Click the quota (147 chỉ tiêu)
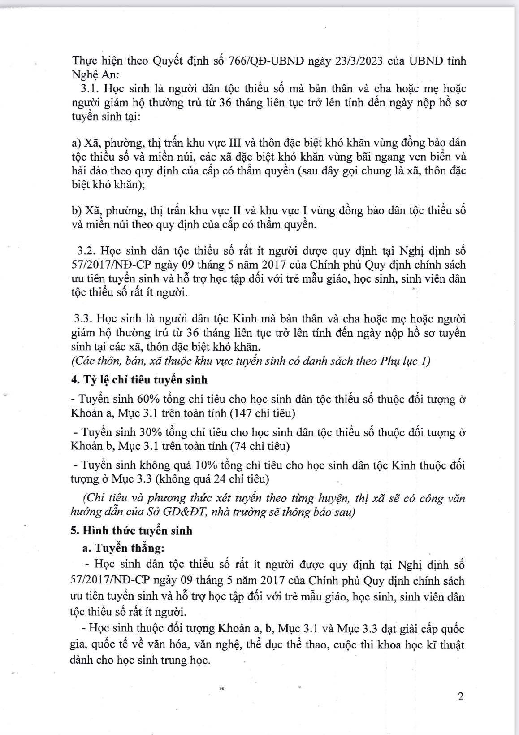click(262, 413)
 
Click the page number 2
click(460, 696)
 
